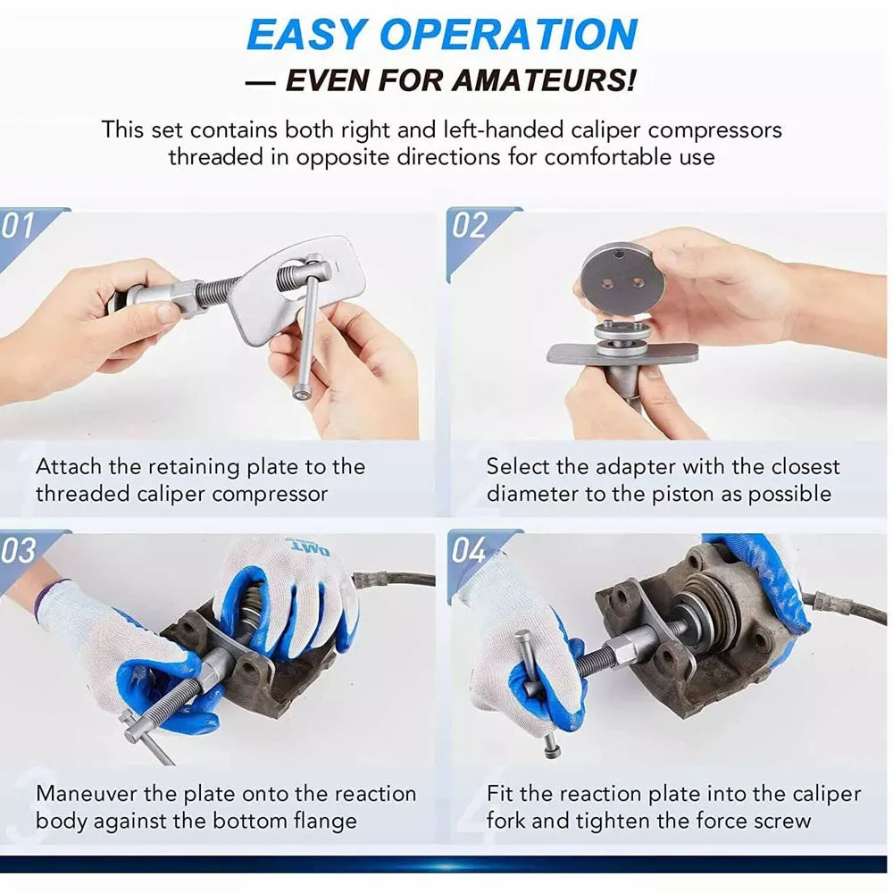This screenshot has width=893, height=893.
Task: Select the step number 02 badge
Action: tap(471, 226)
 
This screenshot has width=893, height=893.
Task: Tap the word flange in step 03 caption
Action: tap(326, 820)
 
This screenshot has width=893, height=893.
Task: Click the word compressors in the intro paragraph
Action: tap(714, 129)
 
